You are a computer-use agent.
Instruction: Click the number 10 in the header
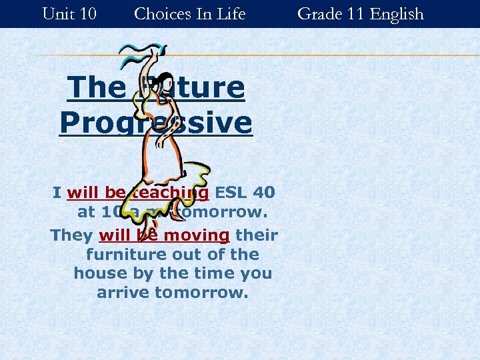(87, 13)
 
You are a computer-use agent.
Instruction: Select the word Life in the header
(231, 13)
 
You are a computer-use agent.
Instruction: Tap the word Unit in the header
(55, 13)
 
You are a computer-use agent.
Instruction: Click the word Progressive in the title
(156, 123)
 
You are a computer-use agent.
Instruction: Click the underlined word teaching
(169, 193)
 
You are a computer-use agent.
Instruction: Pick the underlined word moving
(197, 235)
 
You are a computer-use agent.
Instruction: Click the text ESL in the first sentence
(231, 193)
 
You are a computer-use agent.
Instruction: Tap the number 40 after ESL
(264, 193)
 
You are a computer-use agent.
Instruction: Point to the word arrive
(123, 293)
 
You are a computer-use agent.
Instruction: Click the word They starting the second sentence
(72, 235)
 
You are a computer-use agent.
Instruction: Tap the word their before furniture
(257, 235)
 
